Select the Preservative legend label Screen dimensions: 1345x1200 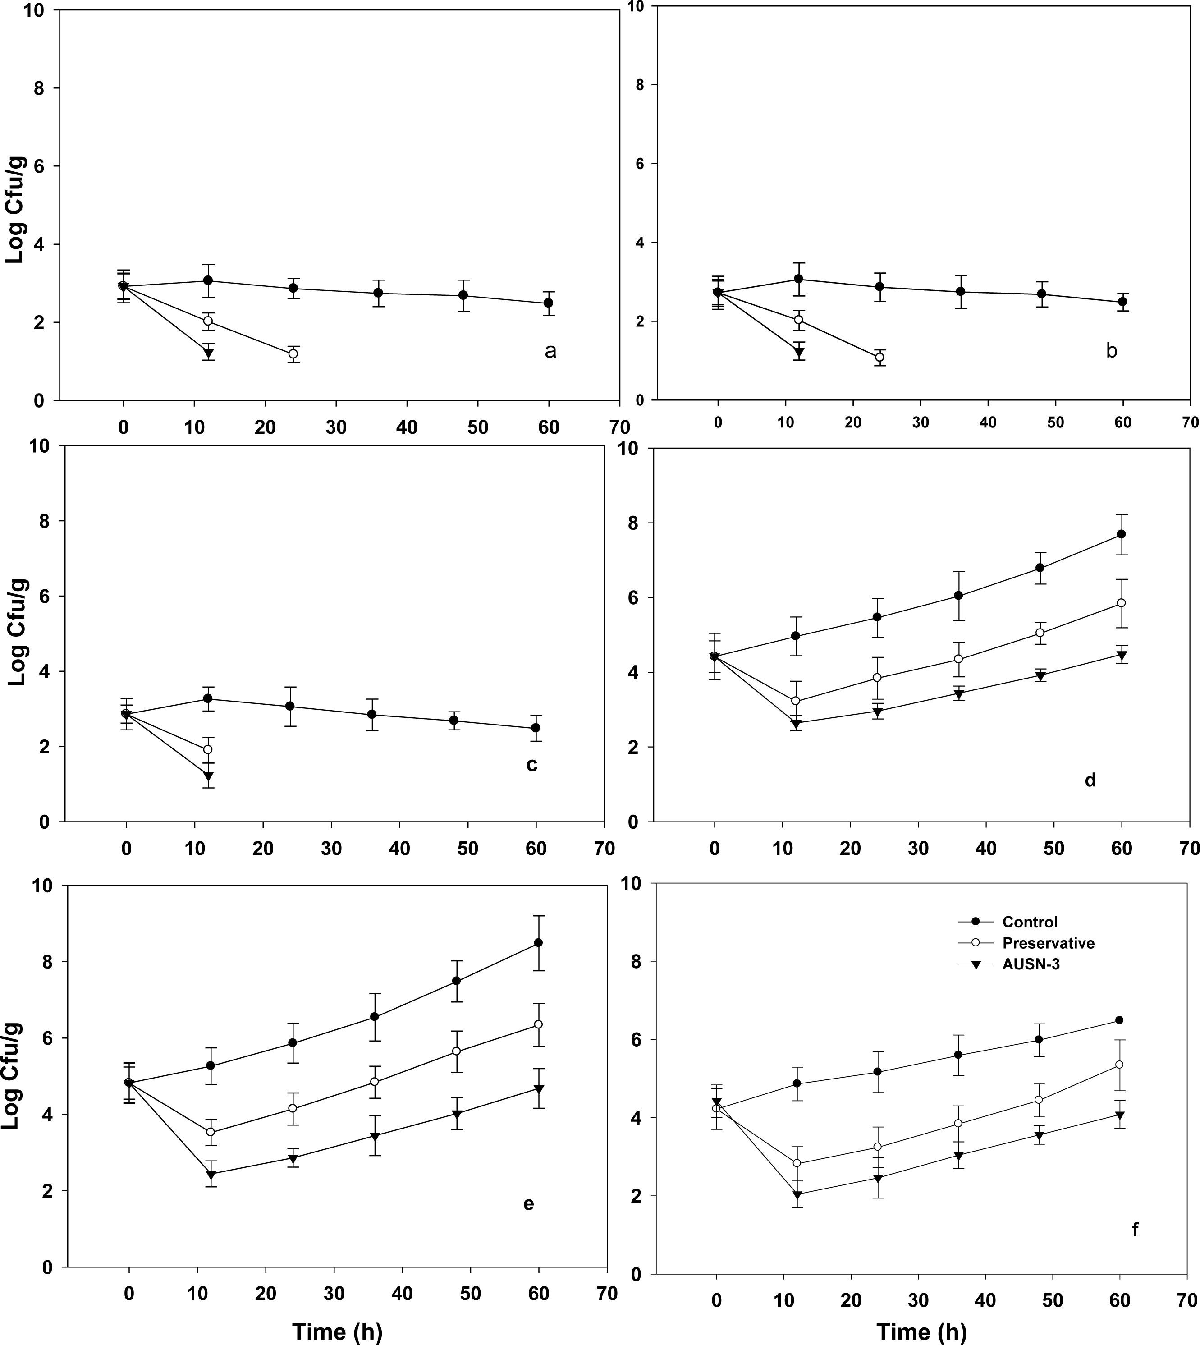(x=1049, y=943)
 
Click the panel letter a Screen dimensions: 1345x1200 (x=550, y=351)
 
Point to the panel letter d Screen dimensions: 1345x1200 (x=1090, y=780)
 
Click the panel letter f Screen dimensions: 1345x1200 (x=1135, y=1229)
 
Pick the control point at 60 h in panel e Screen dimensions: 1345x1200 (x=539, y=943)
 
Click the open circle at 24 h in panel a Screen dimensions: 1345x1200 (x=293, y=354)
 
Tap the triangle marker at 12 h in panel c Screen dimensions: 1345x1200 (x=208, y=776)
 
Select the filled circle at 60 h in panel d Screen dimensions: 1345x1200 (x=1121, y=534)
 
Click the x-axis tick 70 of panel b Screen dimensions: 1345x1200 (x=1190, y=422)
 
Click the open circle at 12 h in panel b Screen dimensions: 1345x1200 (x=798, y=320)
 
